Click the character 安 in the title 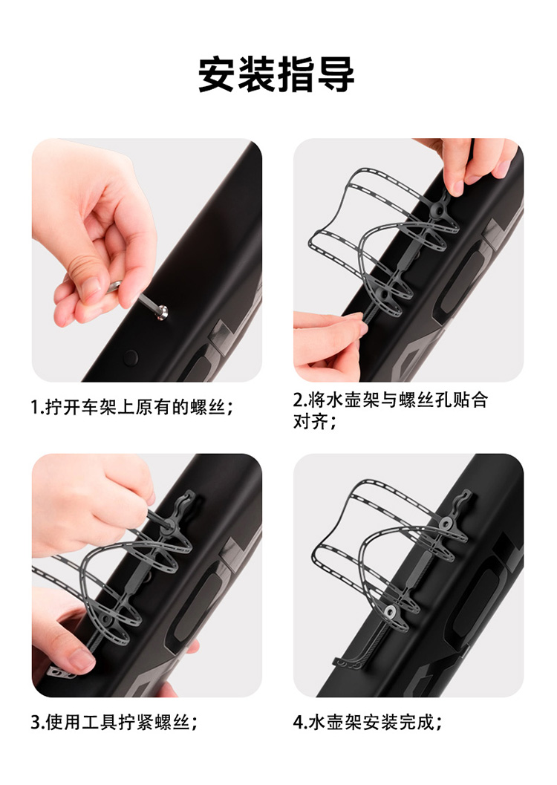(x=218, y=74)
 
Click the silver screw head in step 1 (x=161, y=313)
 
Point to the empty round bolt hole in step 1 (x=131, y=357)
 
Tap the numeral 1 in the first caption (x=34, y=407)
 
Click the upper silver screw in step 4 (x=446, y=524)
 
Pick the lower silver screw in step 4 (x=390, y=610)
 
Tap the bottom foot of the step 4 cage (x=345, y=661)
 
